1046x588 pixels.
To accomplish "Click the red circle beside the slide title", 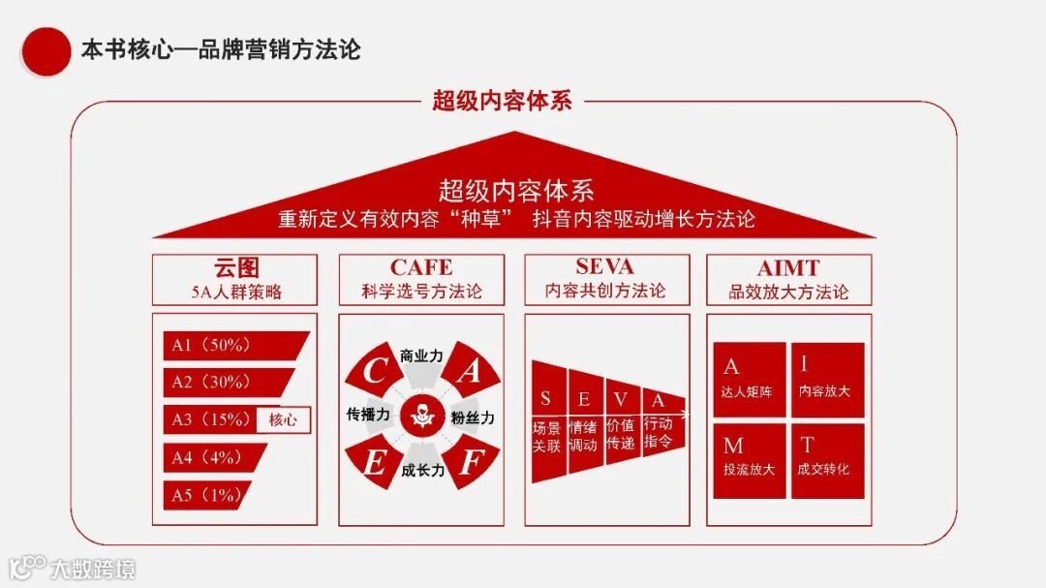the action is click(x=46, y=50).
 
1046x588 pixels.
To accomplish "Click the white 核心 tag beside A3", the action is click(x=283, y=419).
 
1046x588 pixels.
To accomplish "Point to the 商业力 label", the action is click(x=421, y=356).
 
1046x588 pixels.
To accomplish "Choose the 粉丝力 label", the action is click(x=473, y=418).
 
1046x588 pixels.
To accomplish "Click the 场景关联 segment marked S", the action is click(x=546, y=421).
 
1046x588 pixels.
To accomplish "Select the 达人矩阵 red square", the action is click(x=748, y=379).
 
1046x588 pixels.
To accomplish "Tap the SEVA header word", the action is click(x=604, y=266).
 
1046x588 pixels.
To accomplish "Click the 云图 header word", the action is click(x=235, y=267).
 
